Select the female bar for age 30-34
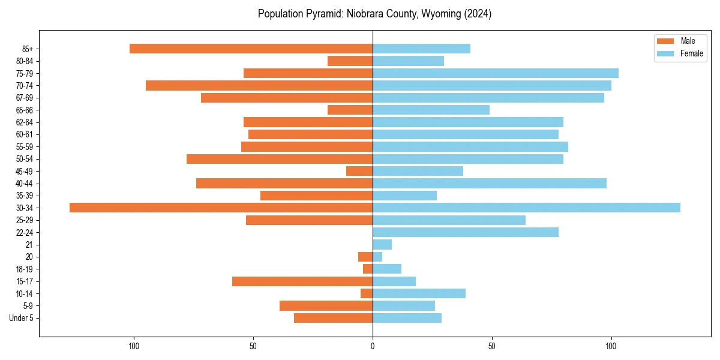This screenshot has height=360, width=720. [526, 208]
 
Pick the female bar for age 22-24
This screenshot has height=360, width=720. [466, 232]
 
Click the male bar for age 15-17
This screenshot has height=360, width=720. [302, 281]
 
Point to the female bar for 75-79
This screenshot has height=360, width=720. [496, 73]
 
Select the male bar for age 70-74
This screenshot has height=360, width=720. [259, 85]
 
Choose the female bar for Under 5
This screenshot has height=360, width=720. [407, 318]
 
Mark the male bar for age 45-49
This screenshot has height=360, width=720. [359, 171]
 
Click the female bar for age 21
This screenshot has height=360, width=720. [382, 245]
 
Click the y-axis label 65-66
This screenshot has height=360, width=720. [25, 110]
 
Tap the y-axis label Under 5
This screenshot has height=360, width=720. [21, 318]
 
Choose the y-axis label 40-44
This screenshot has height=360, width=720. [25, 184]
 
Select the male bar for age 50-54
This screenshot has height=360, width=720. [280, 159]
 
